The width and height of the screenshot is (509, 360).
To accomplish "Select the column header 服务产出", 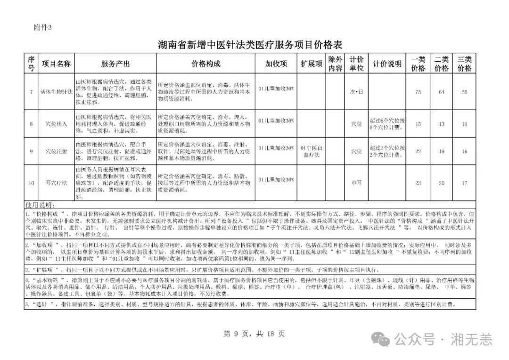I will (x=115, y=64).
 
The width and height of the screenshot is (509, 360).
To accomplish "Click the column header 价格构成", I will (x=206, y=64).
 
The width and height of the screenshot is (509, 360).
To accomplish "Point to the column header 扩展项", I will (x=312, y=64).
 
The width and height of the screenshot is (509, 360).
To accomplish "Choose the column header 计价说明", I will (x=387, y=64).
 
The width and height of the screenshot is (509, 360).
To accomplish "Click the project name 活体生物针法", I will (x=57, y=91).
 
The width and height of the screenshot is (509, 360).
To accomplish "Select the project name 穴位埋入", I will (x=57, y=124).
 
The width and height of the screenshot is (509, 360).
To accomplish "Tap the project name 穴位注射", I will (x=57, y=151).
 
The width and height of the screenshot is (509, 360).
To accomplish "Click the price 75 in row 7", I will (x=418, y=91).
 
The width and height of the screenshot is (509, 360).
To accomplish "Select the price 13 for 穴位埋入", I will (x=441, y=124).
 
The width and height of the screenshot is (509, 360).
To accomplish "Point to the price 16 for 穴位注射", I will (x=465, y=151).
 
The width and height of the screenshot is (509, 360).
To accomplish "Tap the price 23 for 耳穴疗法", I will (x=418, y=183).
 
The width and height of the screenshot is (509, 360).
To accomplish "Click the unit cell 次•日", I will (x=356, y=91).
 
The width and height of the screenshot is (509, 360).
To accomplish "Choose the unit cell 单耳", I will (x=356, y=183).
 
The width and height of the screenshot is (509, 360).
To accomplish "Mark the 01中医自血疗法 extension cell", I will (x=312, y=151).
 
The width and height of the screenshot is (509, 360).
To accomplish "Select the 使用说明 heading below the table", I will (x=40, y=205).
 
